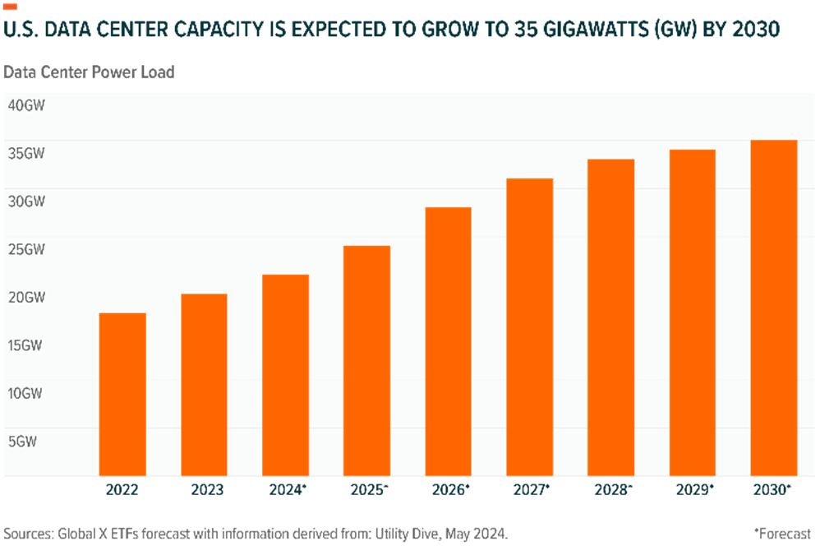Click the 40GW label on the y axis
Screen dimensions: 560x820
point(25,105)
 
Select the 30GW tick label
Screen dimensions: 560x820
point(25,201)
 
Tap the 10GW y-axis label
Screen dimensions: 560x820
point(25,393)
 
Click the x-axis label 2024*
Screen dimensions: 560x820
point(287,491)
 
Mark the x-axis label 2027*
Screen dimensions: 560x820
point(532,491)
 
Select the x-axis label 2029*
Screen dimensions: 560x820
point(694,491)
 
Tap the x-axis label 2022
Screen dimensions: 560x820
point(122,491)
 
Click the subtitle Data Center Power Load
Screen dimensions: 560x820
point(89,72)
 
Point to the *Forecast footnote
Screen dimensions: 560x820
point(782,534)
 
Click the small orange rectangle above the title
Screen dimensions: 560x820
point(11,7)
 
